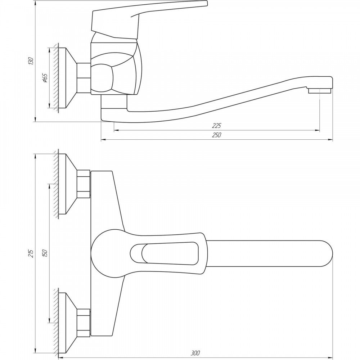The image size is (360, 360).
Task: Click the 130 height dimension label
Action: pos(31,61)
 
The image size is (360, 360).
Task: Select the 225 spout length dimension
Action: pos(216,126)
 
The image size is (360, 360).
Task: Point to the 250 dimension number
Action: pos(216,135)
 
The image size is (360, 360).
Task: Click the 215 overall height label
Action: pos(31,253)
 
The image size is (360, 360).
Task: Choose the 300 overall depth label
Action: pos(195,353)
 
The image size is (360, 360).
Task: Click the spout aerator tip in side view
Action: pos(320,91)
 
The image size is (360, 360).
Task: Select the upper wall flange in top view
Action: pos(67,184)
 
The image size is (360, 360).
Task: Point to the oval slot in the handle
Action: pos(164,254)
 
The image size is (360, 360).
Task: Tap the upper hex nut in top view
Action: pos(83,184)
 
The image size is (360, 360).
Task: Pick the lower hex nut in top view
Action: pos(83,323)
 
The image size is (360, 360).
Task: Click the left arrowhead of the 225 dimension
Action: pos(116,130)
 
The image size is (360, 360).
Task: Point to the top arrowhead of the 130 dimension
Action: pos(35,3)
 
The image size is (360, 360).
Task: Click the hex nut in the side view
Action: pos(84,78)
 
